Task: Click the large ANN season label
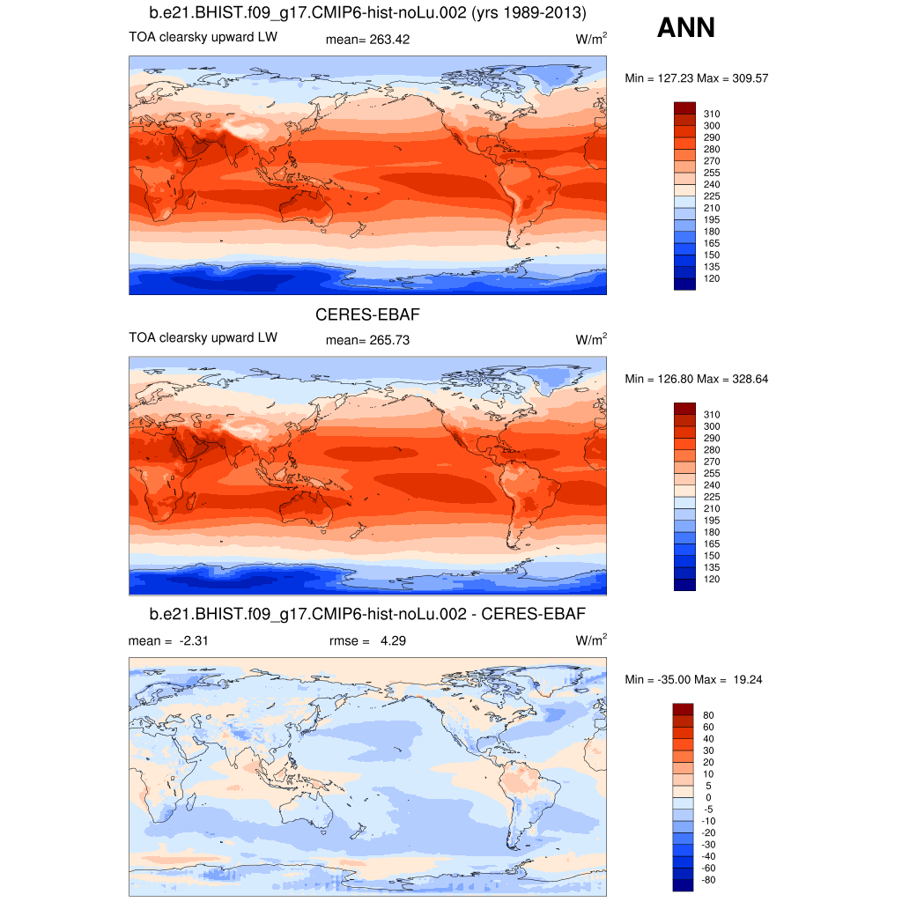pyautogui.click(x=685, y=29)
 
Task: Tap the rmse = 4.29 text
pyautogui.click(x=360, y=640)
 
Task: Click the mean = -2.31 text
pyautogui.click(x=167, y=640)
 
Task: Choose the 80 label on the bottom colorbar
pyautogui.click(x=708, y=715)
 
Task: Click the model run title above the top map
pyautogui.click(x=367, y=13)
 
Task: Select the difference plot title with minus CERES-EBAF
pyautogui.click(x=367, y=613)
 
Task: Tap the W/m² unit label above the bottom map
pyautogui.click(x=591, y=640)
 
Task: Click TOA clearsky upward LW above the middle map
pyautogui.click(x=203, y=338)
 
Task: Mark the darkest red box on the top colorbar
pyautogui.click(x=684, y=107)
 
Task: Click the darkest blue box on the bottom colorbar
pyautogui.click(x=684, y=885)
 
